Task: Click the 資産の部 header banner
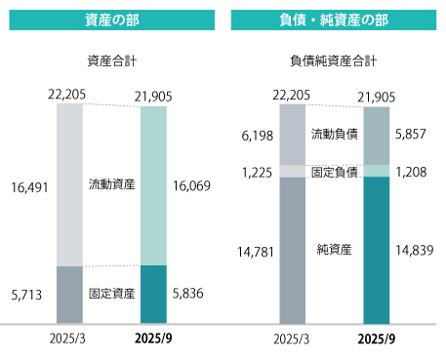coord(111,20)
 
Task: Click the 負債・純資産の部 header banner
coord(334,20)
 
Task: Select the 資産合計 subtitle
coord(111,60)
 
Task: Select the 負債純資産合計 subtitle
coord(334,60)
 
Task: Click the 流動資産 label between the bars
coord(111,183)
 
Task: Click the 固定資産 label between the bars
coord(111,292)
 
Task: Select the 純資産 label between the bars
coord(334,250)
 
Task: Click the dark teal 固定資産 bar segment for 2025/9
coord(154,294)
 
